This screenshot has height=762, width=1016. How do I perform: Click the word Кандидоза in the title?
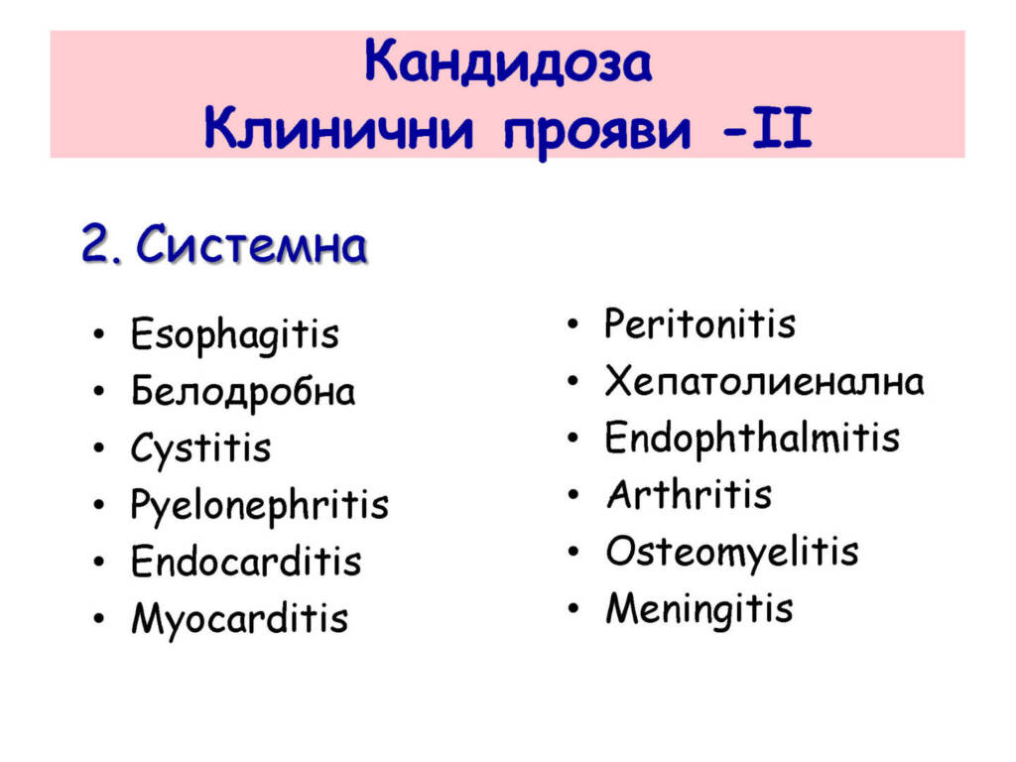point(507,63)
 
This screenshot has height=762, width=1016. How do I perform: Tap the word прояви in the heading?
point(596,132)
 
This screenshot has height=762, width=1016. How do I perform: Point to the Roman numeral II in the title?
point(782,128)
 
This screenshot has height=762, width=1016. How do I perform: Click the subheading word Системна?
point(251,246)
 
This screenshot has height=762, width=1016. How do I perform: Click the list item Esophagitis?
point(234,335)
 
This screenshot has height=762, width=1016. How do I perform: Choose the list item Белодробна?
point(243,391)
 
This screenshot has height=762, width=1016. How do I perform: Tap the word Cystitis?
point(200,448)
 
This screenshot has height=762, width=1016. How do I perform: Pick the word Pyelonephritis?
point(259,505)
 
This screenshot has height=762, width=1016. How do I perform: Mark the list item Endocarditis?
point(246,561)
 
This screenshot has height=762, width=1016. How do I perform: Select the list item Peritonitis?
point(699,323)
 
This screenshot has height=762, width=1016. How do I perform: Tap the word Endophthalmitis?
point(752,437)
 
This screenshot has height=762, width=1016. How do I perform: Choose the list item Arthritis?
point(690,494)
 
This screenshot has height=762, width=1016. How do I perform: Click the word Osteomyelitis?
point(732,552)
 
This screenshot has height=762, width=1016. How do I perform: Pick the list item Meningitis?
point(699,609)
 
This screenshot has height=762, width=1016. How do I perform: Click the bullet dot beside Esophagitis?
point(98,335)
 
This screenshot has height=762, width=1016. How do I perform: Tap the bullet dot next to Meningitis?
point(572,608)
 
